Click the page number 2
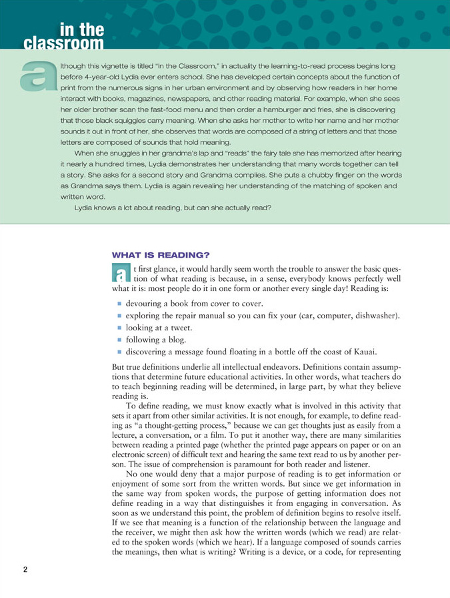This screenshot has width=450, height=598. (25, 569)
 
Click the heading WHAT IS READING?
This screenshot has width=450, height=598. (160, 255)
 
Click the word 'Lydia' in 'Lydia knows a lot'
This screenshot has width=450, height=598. (85, 207)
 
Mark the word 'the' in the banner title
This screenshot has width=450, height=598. (91, 29)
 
